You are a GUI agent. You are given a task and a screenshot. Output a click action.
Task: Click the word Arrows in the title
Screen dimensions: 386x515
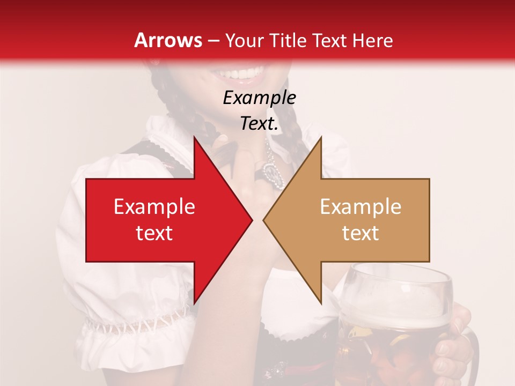click(x=168, y=40)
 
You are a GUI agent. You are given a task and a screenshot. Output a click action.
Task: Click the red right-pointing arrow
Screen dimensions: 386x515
click(x=161, y=220)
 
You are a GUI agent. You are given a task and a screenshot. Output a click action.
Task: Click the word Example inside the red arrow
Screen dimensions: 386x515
click(x=154, y=207)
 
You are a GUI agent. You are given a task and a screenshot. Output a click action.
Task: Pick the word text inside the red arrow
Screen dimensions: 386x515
click(x=154, y=233)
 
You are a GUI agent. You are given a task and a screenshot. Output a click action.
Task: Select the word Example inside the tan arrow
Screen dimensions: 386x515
click(x=360, y=207)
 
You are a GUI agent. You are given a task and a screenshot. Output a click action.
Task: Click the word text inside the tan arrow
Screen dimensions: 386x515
click(x=360, y=233)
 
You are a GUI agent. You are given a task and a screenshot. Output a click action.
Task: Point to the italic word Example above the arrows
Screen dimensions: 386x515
click(x=259, y=98)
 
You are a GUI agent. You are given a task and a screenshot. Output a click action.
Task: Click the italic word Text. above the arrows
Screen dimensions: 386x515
click(x=259, y=124)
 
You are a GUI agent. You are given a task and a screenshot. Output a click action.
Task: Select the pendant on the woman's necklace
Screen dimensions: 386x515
click(x=268, y=172)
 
